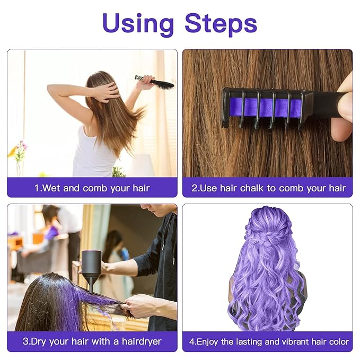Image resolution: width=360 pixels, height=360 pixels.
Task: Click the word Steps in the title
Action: tap(221, 24)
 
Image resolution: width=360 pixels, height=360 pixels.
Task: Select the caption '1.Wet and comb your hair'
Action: tap(92, 188)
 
